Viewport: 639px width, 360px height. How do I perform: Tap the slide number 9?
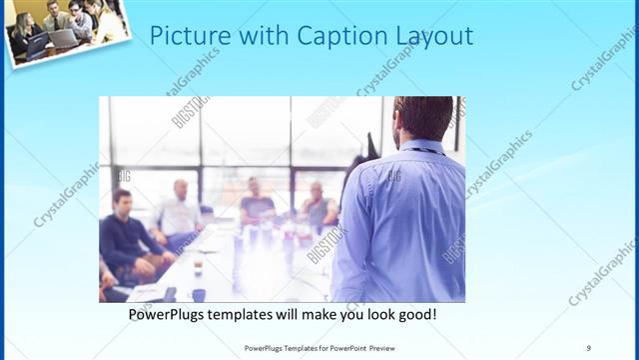[x=589, y=347]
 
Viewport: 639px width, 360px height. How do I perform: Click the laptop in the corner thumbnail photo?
[x=59, y=39]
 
